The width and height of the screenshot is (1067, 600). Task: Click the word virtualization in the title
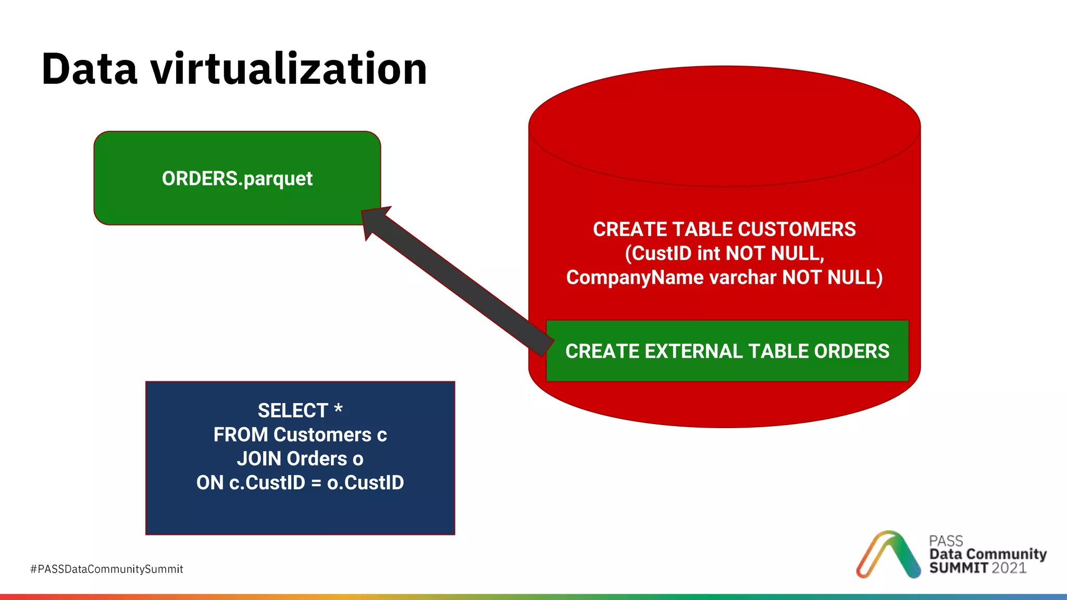coord(289,69)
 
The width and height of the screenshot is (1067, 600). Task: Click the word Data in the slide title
coord(90,69)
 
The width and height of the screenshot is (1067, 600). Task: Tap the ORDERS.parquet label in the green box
coord(237,179)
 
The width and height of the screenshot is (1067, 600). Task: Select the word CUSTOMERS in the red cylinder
coord(797,229)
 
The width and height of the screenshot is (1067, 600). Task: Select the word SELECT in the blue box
coord(292,410)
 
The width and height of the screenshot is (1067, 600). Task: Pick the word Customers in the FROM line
coord(322,435)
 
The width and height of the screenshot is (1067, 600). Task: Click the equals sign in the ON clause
coord(316,483)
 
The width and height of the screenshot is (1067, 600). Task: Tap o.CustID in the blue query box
coord(365,483)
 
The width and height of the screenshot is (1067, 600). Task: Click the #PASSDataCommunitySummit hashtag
coord(107,569)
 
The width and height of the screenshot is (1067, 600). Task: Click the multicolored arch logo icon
coord(888,554)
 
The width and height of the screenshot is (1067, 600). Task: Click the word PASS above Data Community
coord(946,541)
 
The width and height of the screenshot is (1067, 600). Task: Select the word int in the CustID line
coord(708,254)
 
